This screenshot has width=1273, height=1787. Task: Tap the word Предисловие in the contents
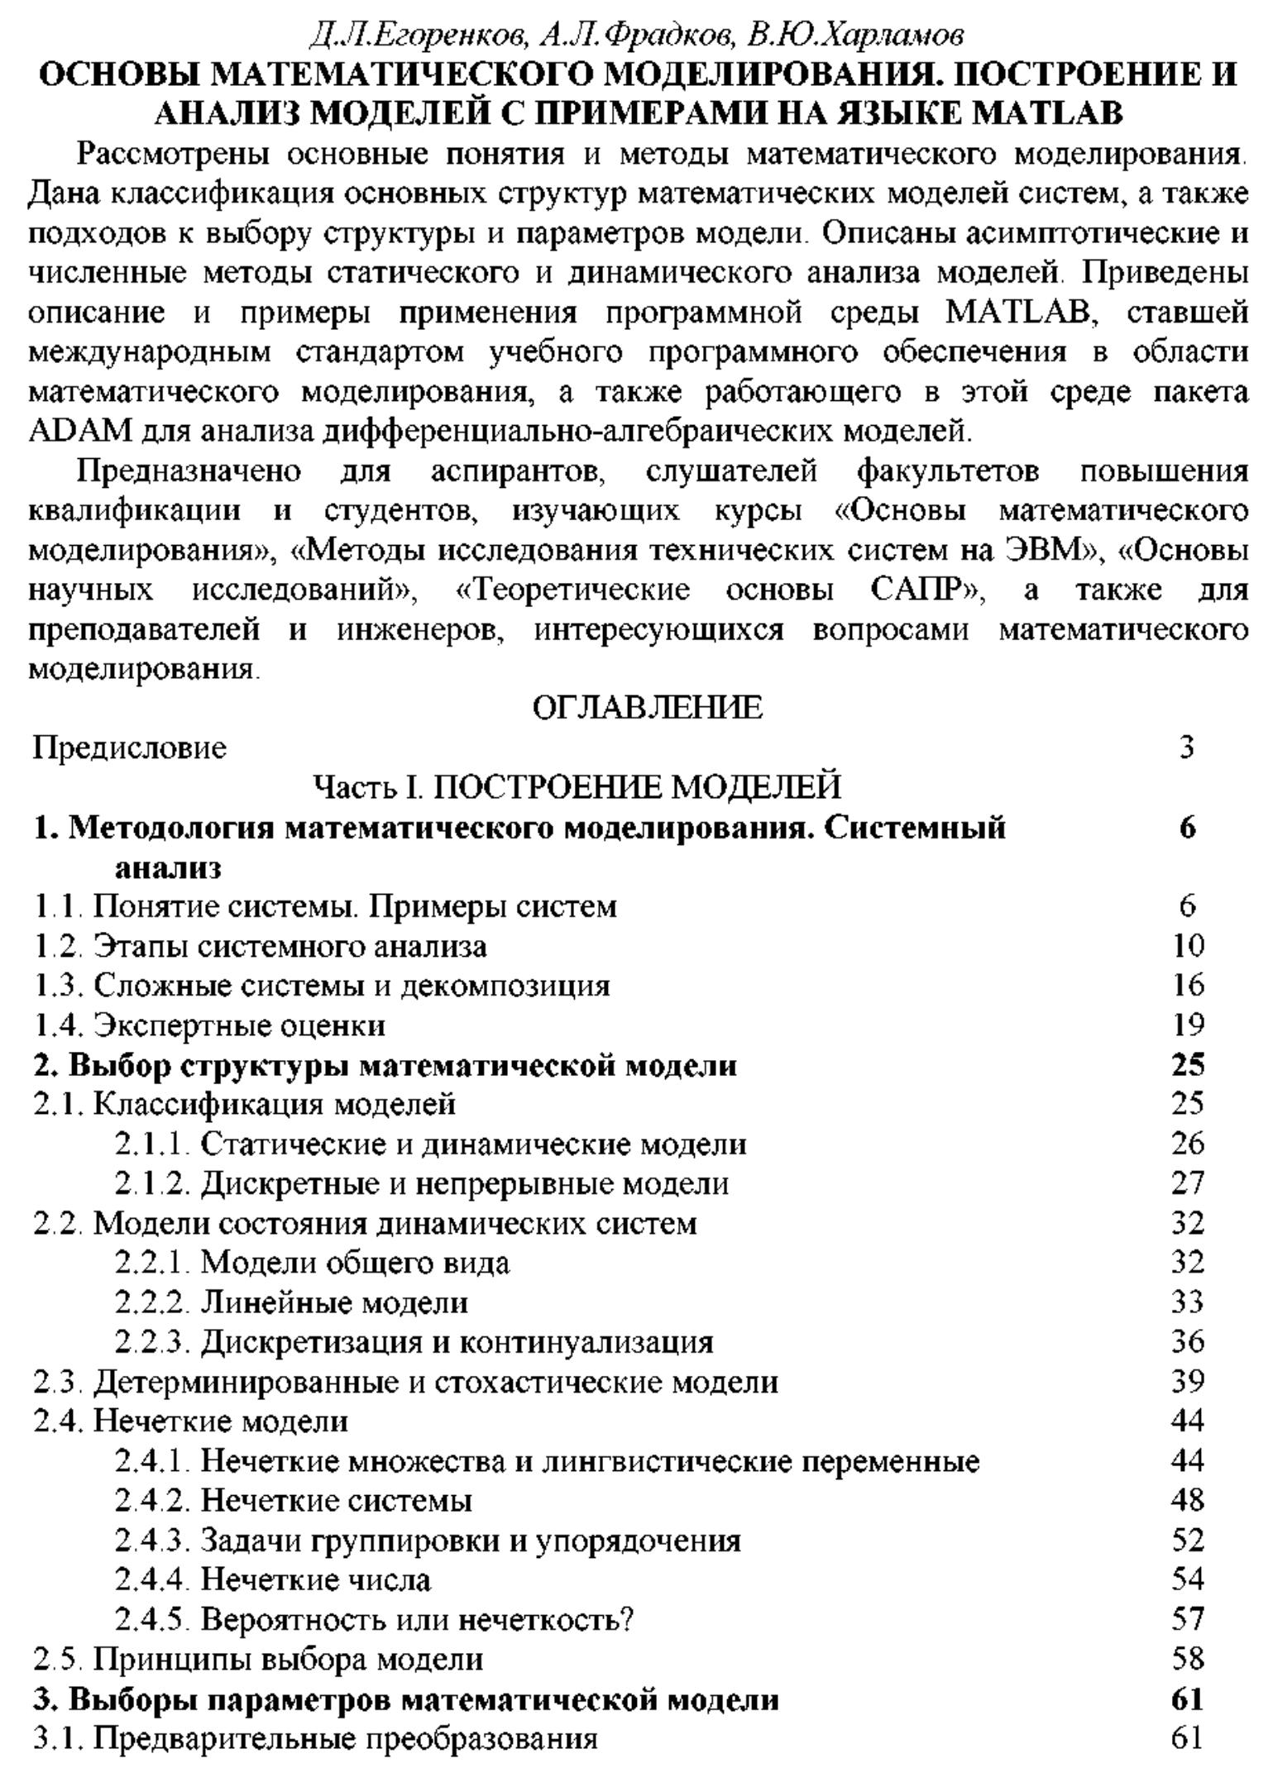point(130,748)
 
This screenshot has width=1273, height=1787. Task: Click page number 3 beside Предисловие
point(1187,748)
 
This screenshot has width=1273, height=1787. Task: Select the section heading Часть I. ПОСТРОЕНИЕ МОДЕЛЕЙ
point(577,786)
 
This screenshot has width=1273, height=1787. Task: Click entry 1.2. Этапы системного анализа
point(260,945)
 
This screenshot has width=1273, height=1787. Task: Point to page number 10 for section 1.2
point(1187,945)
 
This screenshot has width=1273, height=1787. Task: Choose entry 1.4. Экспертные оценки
point(209,1025)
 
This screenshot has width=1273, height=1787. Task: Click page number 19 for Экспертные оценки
point(1187,1025)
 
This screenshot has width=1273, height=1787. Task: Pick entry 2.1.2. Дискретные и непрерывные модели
point(422,1184)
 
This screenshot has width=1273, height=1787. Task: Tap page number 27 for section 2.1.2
point(1187,1184)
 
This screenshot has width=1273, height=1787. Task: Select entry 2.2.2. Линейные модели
point(291,1303)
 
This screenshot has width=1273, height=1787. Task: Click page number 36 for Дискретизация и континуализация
point(1187,1342)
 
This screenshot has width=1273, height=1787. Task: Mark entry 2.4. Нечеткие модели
point(191,1421)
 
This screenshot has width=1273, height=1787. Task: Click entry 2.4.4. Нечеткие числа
point(273,1580)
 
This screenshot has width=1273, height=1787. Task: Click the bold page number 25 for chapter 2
point(1187,1065)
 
